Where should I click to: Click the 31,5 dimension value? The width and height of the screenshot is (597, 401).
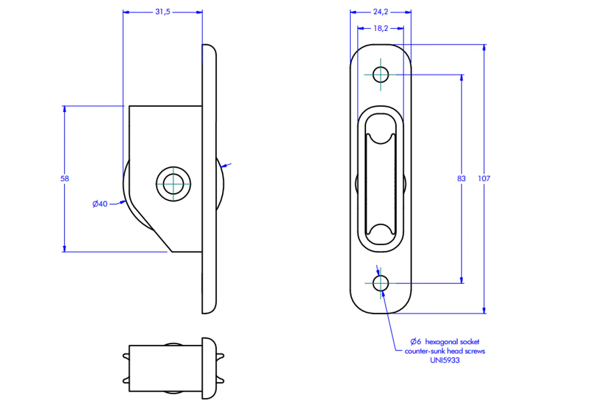click(x=163, y=12)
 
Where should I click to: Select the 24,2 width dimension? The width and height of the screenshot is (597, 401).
click(x=381, y=12)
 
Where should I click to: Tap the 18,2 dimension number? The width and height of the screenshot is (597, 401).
click(x=381, y=28)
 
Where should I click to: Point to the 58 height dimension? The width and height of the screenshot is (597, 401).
click(x=65, y=178)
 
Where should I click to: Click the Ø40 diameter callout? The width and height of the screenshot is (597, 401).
click(x=100, y=204)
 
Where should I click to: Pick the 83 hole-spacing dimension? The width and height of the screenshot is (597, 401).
click(x=461, y=178)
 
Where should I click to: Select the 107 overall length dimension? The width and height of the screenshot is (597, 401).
click(x=484, y=178)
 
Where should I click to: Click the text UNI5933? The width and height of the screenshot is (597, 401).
click(x=445, y=360)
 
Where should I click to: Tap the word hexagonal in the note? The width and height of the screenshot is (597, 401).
click(x=444, y=342)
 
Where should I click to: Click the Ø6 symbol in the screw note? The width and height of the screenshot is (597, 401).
click(x=416, y=341)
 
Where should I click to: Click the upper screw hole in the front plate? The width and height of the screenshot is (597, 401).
click(x=381, y=75)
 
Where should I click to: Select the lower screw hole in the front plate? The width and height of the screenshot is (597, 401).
click(x=381, y=283)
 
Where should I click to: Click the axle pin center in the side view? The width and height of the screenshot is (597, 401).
click(x=173, y=184)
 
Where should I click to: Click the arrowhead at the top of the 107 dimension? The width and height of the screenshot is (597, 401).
click(x=484, y=48)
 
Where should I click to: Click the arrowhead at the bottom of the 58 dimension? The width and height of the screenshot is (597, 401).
click(x=64, y=249)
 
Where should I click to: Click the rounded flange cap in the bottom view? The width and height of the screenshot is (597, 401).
click(x=209, y=368)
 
